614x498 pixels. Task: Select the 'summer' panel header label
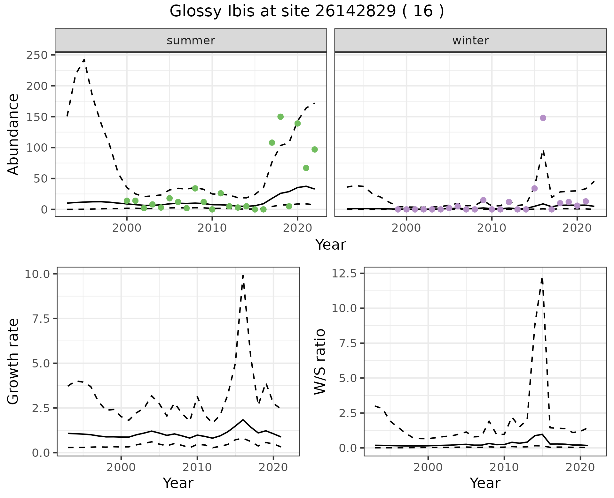click(x=191, y=41)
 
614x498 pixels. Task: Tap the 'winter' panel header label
click(x=470, y=41)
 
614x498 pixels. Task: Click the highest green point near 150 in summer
click(x=280, y=117)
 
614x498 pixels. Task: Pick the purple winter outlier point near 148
click(x=543, y=118)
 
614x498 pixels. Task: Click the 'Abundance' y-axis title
click(x=13, y=134)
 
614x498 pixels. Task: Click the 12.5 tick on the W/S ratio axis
click(x=347, y=274)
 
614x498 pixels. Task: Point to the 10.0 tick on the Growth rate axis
click(x=40, y=274)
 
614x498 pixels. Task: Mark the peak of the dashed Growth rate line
click(x=243, y=275)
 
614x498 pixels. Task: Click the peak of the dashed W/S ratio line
click(x=542, y=278)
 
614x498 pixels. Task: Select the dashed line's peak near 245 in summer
click(x=84, y=59)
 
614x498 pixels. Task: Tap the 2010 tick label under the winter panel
click(x=492, y=228)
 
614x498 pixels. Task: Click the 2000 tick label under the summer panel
click(x=127, y=228)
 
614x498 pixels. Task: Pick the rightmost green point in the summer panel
click(x=315, y=149)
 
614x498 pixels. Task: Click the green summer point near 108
click(x=272, y=143)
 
